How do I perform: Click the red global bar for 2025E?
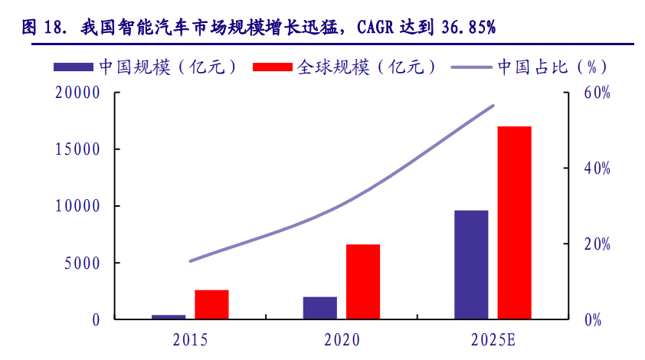click(x=514, y=222)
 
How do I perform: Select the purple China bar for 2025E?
click(x=471, y=264)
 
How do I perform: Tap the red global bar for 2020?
click(x=363, y=281)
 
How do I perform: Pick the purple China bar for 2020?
click(x=320, y=307)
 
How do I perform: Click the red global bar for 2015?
click(x=211, y=304)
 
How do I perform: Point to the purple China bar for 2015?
click(x=169, y=316)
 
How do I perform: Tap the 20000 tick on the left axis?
click(x=78, y=93)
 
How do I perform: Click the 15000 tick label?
click(x=78, y=150)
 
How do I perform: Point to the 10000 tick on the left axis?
click(x=78, y=207)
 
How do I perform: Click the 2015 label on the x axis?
click(x=190, y=339)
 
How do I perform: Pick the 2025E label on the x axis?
click(x=494, y=339)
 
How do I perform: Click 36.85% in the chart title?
click(x=467, y=28)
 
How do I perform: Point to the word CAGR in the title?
click(x=383, y=28)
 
